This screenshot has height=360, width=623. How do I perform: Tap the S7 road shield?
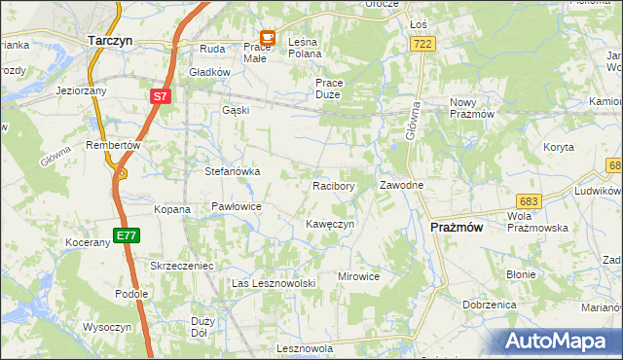point(161,96)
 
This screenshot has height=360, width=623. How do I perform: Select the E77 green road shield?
point(126,235)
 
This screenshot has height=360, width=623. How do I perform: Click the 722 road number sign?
point(421,44)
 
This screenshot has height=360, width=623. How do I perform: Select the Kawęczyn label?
point(329,224)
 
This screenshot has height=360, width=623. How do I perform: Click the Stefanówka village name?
point(232,171)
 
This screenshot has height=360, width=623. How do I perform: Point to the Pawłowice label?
point(237,206)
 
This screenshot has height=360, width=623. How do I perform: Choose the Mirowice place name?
point(358,276)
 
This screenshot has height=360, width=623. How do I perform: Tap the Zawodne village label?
point(401,185)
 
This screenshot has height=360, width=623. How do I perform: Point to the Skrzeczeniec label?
point(181,265)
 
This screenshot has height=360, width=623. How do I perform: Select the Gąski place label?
point(236,110)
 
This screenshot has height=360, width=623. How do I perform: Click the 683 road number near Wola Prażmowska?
point(527,199)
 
